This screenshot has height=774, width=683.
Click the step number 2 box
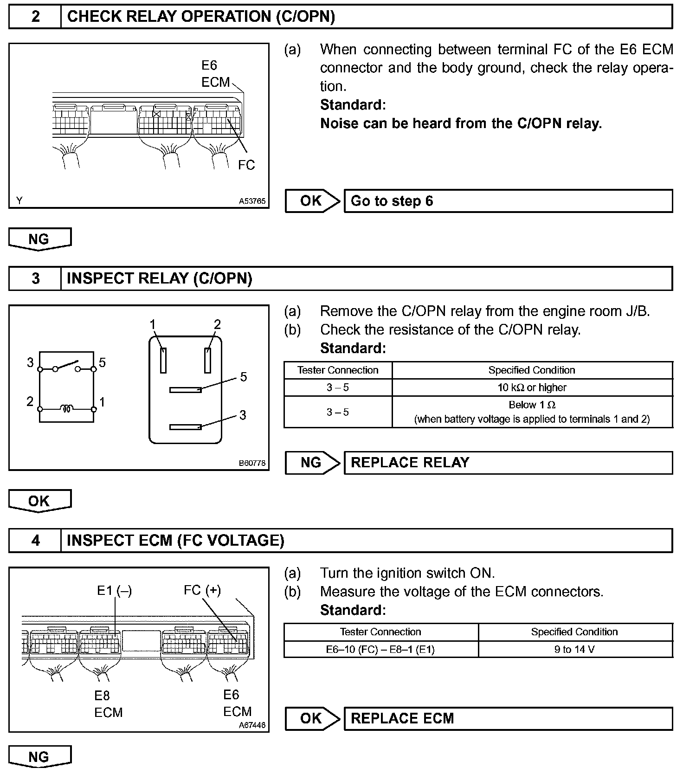(35, 17)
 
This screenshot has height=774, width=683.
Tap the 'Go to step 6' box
(508, 201)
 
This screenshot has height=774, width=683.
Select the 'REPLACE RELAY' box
(508, 463)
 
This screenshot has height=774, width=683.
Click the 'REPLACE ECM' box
(508, 719)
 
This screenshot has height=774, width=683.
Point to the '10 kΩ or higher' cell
(532, 387)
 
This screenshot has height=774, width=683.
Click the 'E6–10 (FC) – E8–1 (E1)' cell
(380, 649)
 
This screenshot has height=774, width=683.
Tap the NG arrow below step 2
(39, 239)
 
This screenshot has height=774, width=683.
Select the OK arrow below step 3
(39, 501)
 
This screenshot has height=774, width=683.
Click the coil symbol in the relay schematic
(66, 409)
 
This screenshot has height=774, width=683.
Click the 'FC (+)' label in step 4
(202, 590)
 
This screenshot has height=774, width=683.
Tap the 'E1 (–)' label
(114, 591)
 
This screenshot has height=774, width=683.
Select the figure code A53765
(252, 201)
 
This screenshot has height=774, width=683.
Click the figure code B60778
(252, 463)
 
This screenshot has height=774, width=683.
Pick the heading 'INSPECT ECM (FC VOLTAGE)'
(175, 541)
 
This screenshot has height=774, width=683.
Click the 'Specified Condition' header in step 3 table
(532, 370)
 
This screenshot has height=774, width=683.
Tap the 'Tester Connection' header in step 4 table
(380, 632)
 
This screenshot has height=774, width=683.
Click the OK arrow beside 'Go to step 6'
(312, 201)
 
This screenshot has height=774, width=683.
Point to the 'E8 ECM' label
(108, 704)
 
